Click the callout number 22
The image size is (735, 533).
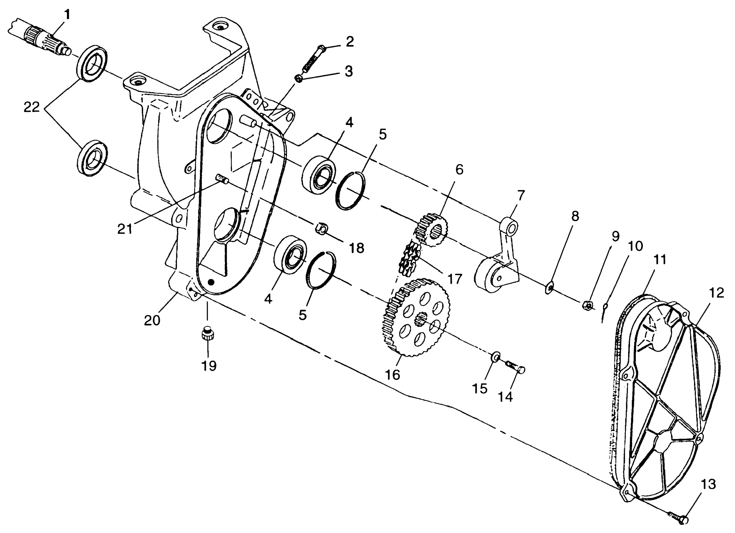coord(32,107)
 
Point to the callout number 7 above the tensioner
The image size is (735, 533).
coord(521,196)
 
